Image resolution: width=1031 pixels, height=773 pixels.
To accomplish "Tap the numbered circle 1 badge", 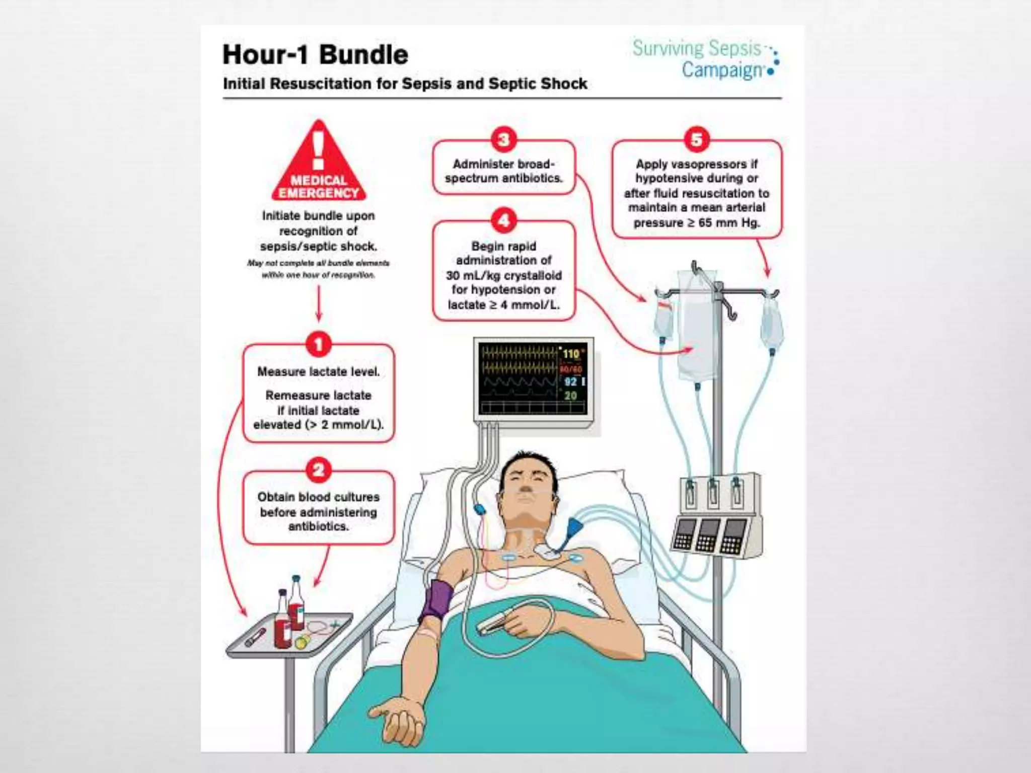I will coord(318,345).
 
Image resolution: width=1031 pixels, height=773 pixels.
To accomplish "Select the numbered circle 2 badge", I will coord(318,470).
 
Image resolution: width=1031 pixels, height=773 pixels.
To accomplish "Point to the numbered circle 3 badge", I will coord(503,140).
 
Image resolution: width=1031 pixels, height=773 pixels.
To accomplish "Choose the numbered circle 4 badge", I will coord(503,220).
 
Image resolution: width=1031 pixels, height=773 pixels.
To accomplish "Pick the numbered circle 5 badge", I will coord(697,140).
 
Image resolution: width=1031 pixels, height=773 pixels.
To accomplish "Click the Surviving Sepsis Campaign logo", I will coord(705,58).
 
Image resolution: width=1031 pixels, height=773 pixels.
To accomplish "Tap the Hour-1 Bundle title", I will coord(315,54).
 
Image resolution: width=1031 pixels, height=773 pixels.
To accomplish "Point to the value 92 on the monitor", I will coord(570,381).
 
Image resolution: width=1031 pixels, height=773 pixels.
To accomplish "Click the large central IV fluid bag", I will coord(697,327).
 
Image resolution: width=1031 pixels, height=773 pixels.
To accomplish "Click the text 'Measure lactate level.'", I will coord(318,372).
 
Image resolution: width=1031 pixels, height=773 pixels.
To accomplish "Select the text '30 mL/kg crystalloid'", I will coord(503,275).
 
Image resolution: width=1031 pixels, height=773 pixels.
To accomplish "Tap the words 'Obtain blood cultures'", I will coord(318,497).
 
